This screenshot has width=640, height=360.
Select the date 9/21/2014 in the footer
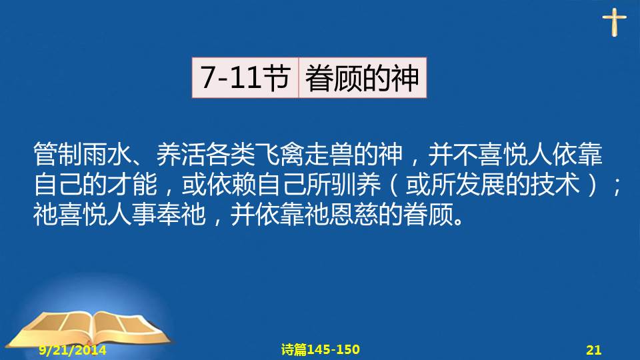[73, 350]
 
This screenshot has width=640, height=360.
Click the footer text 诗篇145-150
[321, 349]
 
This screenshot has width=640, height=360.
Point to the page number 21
[594, 350]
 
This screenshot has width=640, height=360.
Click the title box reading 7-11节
[245, 77]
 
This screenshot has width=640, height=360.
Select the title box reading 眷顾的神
[363, 77]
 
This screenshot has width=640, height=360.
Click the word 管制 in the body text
[57, 155]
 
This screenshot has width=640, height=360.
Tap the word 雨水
[107, 155]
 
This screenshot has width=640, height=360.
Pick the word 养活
[181, 155]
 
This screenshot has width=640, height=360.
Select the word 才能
[132, 185]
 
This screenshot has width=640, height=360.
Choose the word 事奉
[156, 214]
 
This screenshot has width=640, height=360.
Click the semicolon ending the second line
[617, 187]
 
